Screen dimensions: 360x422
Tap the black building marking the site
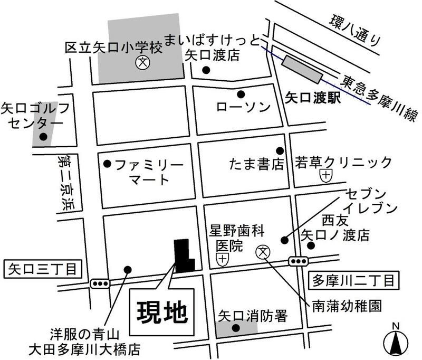coord(184,255)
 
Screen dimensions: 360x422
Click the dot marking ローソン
coord(241,94)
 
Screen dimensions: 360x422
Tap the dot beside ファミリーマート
coord(108,164)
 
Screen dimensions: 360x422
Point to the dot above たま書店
coord(280,151)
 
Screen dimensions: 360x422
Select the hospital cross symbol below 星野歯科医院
coord(223,259)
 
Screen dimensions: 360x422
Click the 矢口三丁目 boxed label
coord(43,270)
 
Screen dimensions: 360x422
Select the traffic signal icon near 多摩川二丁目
coord(299,261)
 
